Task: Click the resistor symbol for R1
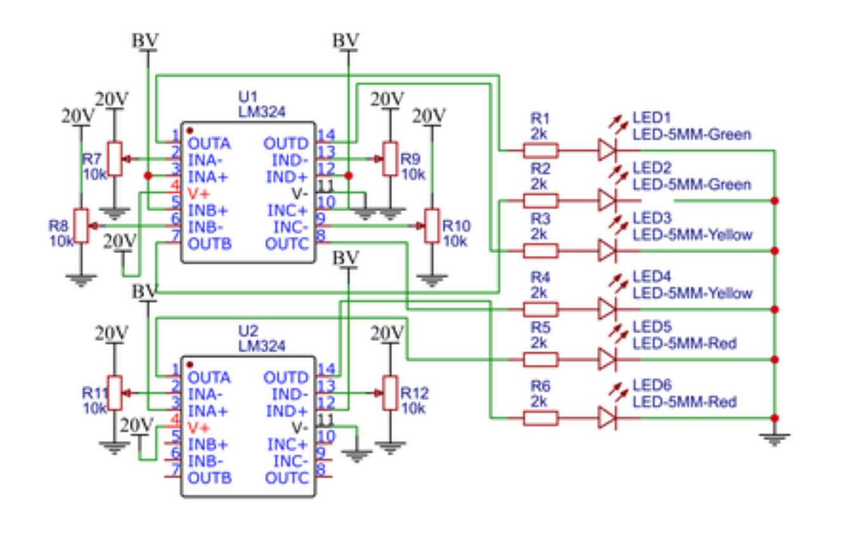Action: coord(540,151)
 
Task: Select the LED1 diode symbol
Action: coord(607,150)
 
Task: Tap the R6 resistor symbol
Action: coord(540,418)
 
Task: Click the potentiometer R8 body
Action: coord(81,226)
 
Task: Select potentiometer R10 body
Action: coord(432,226)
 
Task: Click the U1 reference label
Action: coord(248,97)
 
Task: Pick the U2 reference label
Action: coord(248,331)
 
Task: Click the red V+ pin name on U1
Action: coord(198,194)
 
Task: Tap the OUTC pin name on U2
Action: coord(287,478)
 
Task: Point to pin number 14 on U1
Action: coord(326,135)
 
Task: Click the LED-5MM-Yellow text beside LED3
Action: coord(693,235)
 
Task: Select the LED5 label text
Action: coord(652,326)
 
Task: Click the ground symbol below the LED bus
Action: coord(774,439)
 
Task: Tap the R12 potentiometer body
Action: coord(390,393)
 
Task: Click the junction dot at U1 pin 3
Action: coord(148,176)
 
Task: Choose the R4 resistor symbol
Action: coord(540,310)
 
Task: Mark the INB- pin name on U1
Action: coord(205,227)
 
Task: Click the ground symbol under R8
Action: coord(81,281)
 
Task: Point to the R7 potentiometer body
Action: coord(115,158)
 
